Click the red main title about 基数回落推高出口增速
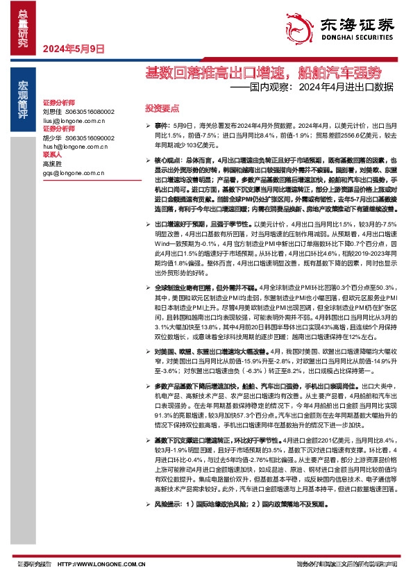pos(262,72)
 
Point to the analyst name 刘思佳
pos(52,111)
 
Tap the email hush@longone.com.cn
pos(74,147)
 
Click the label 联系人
pos(53,155)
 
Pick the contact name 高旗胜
pos(52,164)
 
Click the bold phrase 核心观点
pos(167,160)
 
